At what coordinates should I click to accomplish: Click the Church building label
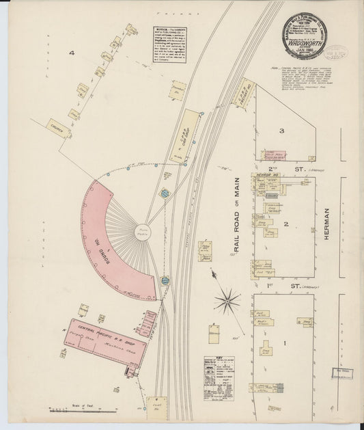click(x=57, y=126)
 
